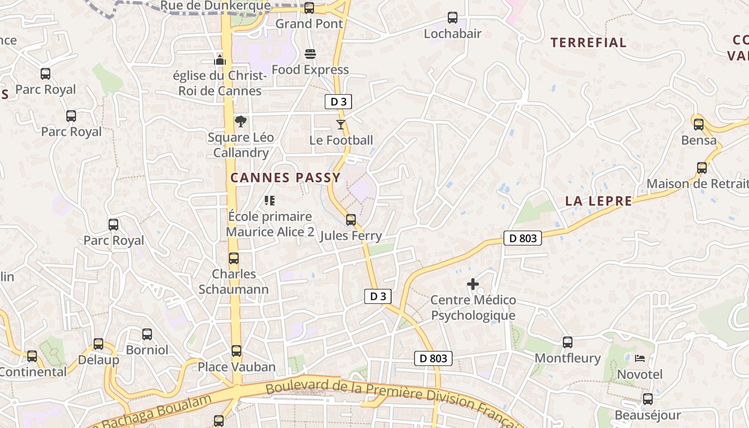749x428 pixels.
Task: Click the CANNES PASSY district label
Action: pyautogui.click(x=285, y=178)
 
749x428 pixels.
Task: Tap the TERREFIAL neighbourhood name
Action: pyautogui.click(x=588, y=43)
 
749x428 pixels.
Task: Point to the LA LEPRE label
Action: pyautogui.click(x=599, y=201)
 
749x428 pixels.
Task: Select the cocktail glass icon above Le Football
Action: pyautogui.click(x=341, y=125)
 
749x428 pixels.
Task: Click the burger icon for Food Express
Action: pyautogui.click(x=310, y=54)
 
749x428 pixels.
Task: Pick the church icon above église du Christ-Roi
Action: pyautogui.click(x=220, y=60)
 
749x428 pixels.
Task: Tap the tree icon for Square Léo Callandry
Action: pyautogui.click(x=241, y=122)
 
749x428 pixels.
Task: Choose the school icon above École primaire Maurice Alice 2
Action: pyautogui.click(x=270, y=201)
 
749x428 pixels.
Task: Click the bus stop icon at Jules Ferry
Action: pyautogui.click(x=351, y=220)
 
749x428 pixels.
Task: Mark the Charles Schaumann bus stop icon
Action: pyautogui.click(x=234, y=258)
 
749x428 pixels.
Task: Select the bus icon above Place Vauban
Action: pyautogui.click(x=236, y=351)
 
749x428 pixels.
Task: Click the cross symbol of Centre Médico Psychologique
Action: pyautogui.click(x=473, y=284)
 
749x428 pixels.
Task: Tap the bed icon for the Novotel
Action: pyautogui.click(x=640, y=358)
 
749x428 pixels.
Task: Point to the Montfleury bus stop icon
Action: pyautogui.click(x=568, y=342)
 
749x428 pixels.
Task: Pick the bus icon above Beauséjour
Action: pyautogui.click(x=648, y=399)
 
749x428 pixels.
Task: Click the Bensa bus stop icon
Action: pyautogui.click(x=699, y=125)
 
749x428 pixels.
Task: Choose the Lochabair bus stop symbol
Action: pyautogui.click(x=453, y=18)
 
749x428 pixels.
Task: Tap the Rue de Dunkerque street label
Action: pyautogui.click(x=216, y=6)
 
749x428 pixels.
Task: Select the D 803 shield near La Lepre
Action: pyautogui.click(x=523, y=238)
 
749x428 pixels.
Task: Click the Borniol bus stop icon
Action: pyautogui.click(x=147, y=334)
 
